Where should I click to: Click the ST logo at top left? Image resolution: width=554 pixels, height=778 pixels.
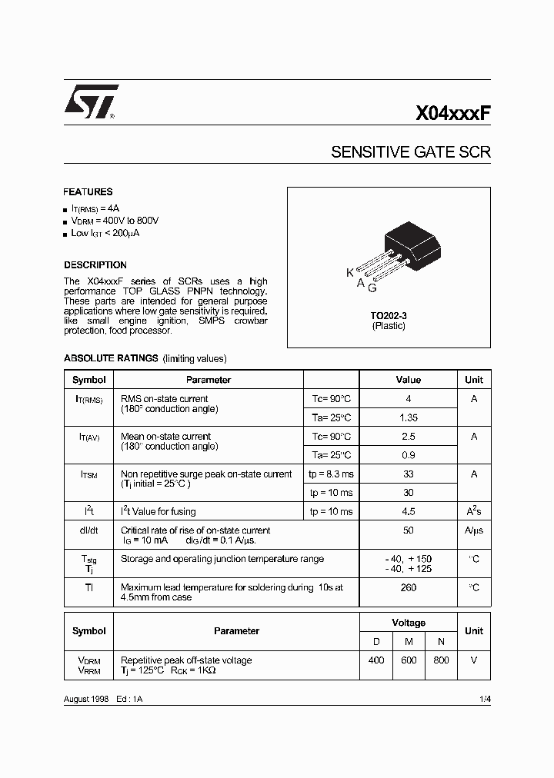[x=89, y=102]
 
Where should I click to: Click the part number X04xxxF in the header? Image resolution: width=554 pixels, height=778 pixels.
[x=452, y=114]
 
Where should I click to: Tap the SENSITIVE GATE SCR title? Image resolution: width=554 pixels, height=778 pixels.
[x=410, y=152]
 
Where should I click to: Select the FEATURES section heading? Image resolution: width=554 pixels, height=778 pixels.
[x=88, y=192]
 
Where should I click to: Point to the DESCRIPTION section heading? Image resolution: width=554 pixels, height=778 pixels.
[x=95, y=265]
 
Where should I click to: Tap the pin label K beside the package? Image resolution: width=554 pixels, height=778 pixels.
[x=350, y=273]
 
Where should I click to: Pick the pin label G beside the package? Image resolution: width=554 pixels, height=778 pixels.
[x=372, y=288]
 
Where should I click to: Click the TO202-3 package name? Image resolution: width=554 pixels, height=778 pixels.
[x=389, y=316]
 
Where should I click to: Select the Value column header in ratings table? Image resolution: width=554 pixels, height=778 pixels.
[x=409, y=380]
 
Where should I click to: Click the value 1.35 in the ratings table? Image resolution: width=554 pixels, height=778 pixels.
[x=409, y=417]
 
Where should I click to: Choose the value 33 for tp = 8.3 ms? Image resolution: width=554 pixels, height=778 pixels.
[x=409, y=474]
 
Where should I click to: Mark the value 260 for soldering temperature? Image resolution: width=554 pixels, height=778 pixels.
[x=409, y=588]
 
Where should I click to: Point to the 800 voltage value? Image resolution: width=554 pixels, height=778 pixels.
[x=441, y=660]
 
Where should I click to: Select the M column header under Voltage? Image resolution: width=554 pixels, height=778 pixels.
[x=409, y=641]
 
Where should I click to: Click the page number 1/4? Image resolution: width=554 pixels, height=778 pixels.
[x=485, y=698]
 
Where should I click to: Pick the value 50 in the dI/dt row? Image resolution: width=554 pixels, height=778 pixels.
[x=409, y=530]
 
